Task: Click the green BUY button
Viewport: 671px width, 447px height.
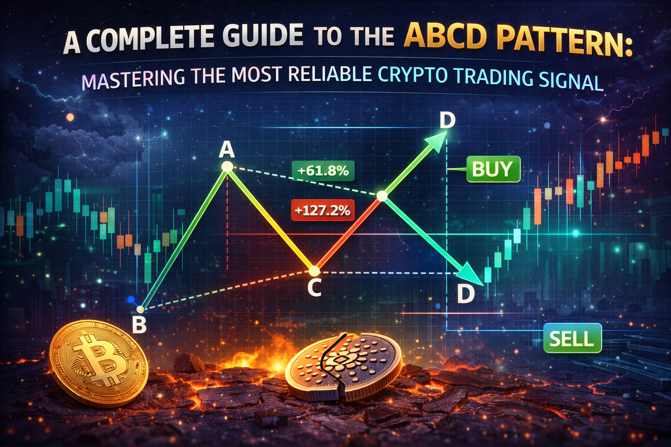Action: click(493, 169)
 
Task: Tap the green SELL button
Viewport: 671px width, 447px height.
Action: click(572, 338)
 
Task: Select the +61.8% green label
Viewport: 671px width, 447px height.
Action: click(323, 171)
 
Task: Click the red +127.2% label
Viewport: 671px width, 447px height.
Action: click(322, 210)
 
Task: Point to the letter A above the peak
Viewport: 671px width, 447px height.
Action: click(226, 150)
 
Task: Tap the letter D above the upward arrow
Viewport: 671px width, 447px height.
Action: click(448, 120)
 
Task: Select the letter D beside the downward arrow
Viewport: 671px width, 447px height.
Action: click(466, 293)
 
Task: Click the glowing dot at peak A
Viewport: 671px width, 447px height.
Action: click(227, 167)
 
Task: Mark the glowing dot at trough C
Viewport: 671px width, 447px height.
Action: click(314, 271)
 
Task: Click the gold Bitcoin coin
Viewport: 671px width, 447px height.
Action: click(98, 363)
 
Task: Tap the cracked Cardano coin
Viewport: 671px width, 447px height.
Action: click(343, 366)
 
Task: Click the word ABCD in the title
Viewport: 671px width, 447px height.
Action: click(448, 37)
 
